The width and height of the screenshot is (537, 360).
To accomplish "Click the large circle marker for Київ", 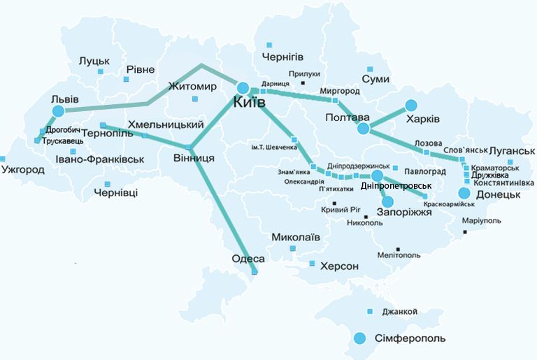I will pos(243,87).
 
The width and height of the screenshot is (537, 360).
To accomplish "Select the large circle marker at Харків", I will pos(409,106).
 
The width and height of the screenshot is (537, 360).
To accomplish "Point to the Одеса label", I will pos(248,259).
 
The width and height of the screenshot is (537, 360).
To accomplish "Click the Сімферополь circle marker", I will pos(360,338).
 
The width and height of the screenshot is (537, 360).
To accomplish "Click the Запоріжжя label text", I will pos(404,211).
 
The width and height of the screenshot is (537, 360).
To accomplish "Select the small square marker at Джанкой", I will pos(369,311).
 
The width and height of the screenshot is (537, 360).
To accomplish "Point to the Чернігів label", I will pos(282,56).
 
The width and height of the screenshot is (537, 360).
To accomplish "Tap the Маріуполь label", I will pos(481,221).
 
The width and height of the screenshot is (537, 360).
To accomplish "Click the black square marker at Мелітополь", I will pos(398,248).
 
